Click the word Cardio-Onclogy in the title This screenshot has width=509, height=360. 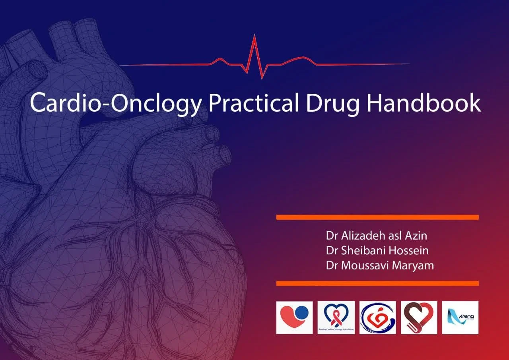116,103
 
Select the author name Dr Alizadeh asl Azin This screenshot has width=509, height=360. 376,236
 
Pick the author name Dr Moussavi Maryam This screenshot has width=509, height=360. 380,265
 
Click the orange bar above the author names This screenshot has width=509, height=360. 377,217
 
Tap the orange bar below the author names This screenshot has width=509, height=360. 377,283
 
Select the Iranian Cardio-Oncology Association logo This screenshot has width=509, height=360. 336,317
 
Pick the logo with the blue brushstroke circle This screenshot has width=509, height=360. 377,317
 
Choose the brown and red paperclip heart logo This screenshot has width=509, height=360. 419,317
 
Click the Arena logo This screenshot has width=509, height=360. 460,317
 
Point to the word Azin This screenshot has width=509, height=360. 416,236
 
